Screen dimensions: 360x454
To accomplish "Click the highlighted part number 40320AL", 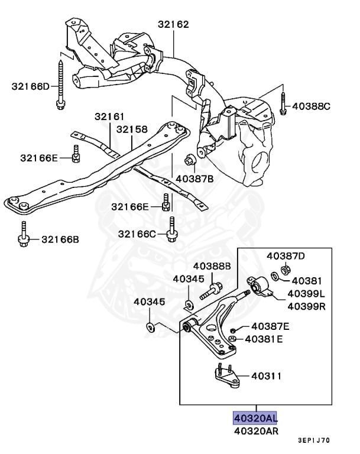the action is (256, 418).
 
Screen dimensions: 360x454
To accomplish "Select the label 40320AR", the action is (256, 431).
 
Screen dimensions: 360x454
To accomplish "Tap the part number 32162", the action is (173, 24).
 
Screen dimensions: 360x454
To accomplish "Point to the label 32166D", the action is (31, 86).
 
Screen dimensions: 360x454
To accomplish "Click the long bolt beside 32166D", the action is (60, 85).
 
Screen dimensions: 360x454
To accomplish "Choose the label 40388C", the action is (311, 106).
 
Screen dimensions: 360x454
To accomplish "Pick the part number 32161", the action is (109, 116).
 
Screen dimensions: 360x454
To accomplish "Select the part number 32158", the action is (132, 129).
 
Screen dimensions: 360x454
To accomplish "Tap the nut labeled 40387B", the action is (190, 160).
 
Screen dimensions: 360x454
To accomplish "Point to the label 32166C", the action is (137, 234).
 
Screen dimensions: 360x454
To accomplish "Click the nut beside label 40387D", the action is (286, 270).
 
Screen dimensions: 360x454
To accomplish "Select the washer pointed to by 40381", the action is (275, 276).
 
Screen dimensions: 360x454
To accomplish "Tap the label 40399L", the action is (306, 294).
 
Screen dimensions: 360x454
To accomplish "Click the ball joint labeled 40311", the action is (227, 375).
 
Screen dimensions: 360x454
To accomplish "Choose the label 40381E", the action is (264, 339).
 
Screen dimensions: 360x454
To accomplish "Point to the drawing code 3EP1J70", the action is (314, 440).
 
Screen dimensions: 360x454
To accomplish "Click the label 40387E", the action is (270, 326).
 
